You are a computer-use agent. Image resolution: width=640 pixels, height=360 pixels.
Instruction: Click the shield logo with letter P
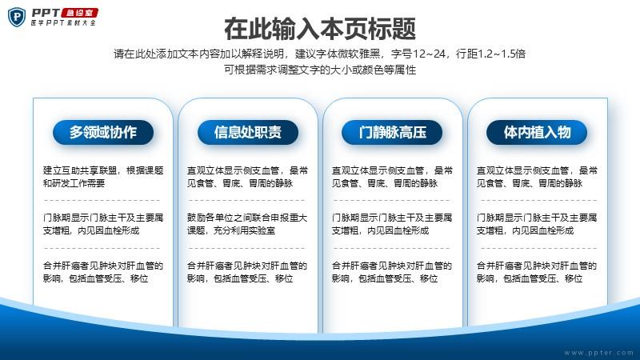[17, 17]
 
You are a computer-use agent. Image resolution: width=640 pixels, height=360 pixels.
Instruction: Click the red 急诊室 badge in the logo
[79, 13]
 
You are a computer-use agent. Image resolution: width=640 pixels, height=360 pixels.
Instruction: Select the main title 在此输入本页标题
[320, 29]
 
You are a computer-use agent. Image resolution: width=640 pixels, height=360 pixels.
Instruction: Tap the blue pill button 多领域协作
[103, 132]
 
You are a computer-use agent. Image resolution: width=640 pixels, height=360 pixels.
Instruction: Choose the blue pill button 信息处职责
[248, 132]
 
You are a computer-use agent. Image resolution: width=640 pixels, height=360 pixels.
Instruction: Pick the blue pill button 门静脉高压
[392, 132]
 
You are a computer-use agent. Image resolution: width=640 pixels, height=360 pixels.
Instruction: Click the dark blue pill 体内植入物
[537, 132]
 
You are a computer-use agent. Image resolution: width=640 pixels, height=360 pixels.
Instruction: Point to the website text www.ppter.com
[598, 353]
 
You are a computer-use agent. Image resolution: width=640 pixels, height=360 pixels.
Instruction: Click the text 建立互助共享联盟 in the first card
[80, 170]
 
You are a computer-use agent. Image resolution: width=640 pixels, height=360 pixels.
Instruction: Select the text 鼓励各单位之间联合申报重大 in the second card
[247, 218]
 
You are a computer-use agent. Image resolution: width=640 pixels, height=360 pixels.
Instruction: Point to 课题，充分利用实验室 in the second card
[231, 230]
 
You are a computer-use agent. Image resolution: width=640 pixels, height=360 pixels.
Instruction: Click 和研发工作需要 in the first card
[74, 183]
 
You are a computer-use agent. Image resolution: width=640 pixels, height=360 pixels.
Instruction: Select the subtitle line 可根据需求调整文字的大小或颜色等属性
[320, 70]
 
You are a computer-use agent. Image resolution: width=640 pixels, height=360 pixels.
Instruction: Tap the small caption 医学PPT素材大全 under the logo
[63, 23]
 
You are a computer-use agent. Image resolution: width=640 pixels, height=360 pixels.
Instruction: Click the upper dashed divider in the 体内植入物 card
[538, 201]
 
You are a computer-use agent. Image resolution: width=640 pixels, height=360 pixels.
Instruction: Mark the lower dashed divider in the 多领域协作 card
[102, 248]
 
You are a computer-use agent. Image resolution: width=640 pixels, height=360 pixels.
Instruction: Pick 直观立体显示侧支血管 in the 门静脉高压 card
[378, 170]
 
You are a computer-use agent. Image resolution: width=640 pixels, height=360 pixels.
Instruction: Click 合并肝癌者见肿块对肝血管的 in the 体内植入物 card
[537, 266]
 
